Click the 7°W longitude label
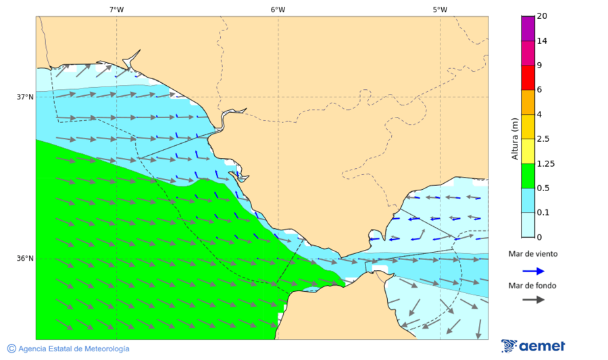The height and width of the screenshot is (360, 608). [116, 9]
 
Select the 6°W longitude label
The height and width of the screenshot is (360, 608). [278, 9]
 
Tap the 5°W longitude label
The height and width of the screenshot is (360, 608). [440, 9]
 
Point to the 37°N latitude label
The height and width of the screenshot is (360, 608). [25, 97]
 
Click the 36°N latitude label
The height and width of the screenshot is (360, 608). [25, 258]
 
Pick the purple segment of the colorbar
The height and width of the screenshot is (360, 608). [528, 28]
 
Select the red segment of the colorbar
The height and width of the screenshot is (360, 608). [528, 77]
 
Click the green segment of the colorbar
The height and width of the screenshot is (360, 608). [528, 176]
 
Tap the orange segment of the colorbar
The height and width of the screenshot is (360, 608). [528, 102]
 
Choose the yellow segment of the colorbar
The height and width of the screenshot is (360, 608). [528, 151]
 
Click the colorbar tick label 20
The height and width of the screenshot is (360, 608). [541, 16]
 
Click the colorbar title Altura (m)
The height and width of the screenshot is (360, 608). [515, 138]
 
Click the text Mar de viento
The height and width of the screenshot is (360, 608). [533, 254]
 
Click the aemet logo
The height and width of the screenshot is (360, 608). [534, 346]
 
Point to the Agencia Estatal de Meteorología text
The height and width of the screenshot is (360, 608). [74, 349]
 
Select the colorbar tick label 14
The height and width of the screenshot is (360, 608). [541, 41]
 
